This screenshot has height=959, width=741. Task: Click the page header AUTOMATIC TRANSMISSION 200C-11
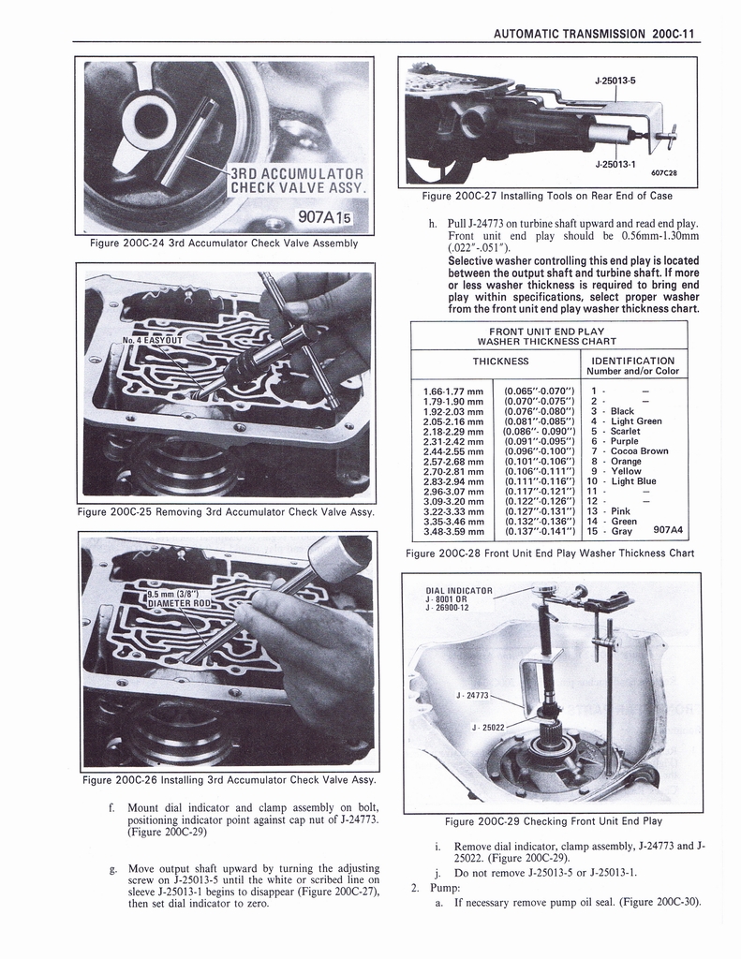[595, 33]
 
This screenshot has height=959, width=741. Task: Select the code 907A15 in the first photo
[320, 218]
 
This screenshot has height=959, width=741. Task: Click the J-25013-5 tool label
[615, 81]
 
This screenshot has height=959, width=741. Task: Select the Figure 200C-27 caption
[547, 196]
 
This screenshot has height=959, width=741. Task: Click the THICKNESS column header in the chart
[500, 361]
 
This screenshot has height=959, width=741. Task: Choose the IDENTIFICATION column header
[632, 361]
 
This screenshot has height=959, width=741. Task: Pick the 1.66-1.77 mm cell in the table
[453, 391]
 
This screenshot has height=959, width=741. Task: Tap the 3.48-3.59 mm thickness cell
[453, 532]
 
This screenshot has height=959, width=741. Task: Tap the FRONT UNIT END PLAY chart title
[547, 332]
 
